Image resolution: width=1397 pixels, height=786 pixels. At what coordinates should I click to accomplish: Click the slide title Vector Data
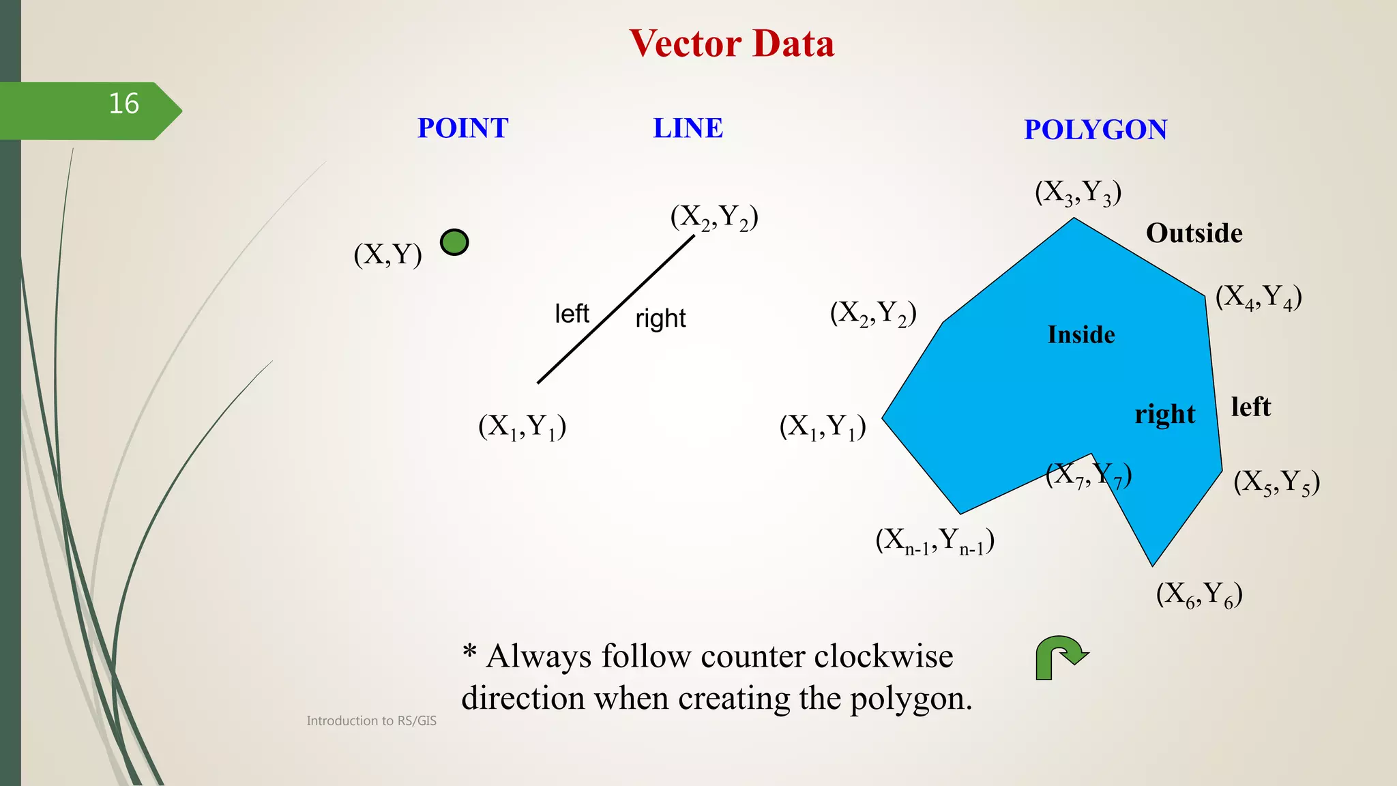[731, 44]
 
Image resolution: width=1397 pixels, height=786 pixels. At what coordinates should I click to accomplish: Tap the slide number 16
[123, 104]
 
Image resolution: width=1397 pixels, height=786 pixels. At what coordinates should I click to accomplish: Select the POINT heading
[462, 128]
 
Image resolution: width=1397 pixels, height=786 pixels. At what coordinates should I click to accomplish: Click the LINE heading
[688, 128]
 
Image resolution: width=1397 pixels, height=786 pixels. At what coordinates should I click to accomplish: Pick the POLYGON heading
[1095, 130]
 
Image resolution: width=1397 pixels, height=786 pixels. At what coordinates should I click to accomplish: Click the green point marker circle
[454, 242]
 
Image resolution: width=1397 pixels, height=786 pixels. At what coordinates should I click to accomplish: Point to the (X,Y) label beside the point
[387, 254]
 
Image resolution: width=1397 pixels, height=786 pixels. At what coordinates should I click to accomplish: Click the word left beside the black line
[572, 314]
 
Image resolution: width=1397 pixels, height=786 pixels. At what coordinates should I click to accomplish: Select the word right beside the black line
[660, 319]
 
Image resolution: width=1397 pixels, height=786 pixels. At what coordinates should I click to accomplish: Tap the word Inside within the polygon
[1081, 335]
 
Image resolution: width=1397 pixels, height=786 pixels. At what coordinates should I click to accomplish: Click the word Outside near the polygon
[1194, 233]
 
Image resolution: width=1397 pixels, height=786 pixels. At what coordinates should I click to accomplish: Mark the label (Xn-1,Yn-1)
[935, 541]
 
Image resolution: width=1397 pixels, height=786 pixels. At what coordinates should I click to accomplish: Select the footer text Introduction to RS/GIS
[371, 720]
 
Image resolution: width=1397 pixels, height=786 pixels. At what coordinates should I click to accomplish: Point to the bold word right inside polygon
[1164, 414]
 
